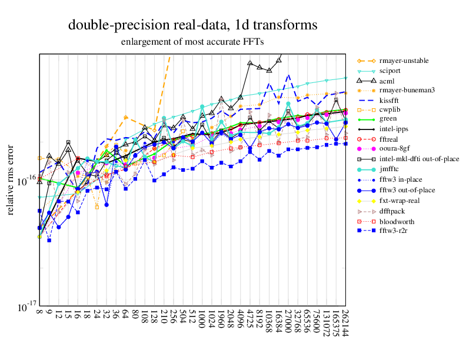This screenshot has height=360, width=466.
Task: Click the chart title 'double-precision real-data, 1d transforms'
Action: pyautogui.click(x=193, y=25)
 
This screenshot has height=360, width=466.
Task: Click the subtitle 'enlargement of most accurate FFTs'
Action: pyautogui.click(x=192, y=42)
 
